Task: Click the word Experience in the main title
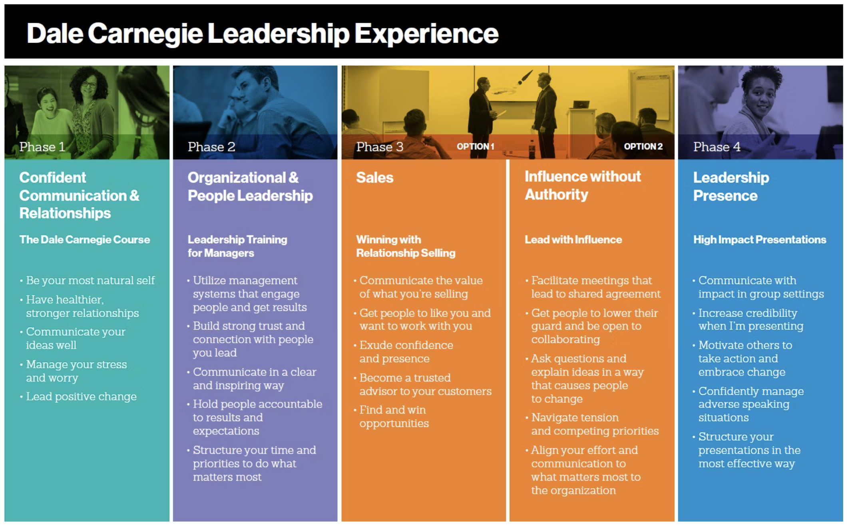coord(426,34)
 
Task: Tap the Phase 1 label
coord(42,147)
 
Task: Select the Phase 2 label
coord(211,147)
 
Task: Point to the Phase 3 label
coord(380,147)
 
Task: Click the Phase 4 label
coord(717,147)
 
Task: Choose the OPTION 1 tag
coord(476,147)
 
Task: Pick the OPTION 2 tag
coord(643,147)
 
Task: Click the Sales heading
coord(375,177)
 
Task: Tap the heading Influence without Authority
coord(583,185)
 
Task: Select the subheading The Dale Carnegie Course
coord(85,239)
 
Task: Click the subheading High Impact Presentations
coord(760,239)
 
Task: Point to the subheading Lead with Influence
coord(573,239)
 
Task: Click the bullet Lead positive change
coord(81,396)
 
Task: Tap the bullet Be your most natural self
coord(90,280)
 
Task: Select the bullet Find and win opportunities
coord(394,416)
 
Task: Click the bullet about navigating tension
coord(595,424)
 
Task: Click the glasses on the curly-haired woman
coord(89,85)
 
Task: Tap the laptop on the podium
coord(581,104)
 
